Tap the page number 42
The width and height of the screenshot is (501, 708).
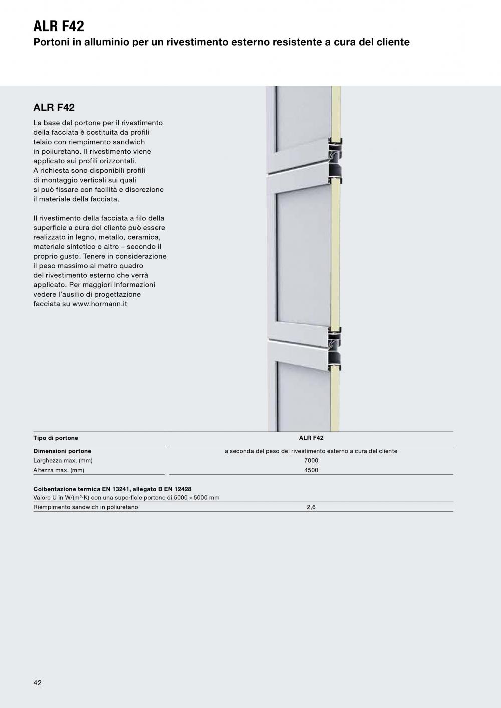pos(38,683)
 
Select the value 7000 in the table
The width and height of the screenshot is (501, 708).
pos(311,461)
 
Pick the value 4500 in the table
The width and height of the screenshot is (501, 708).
pos(311,470)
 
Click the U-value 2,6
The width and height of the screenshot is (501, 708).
pos(311,507)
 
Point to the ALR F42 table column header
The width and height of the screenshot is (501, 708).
pos(311,438)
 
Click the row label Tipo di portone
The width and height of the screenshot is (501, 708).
pos(56,438)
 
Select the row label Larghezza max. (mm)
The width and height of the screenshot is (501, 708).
pos(63,461)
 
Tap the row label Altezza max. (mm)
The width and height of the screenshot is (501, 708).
pos(59,470)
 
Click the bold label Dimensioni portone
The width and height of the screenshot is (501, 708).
pos(62,451)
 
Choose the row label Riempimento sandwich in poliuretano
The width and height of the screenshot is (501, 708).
pos(86,507)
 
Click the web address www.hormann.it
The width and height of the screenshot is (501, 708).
pos(99,304)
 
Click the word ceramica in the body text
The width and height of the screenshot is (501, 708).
pos(144,237)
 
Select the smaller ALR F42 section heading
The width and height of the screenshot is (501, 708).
pos(54,107)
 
